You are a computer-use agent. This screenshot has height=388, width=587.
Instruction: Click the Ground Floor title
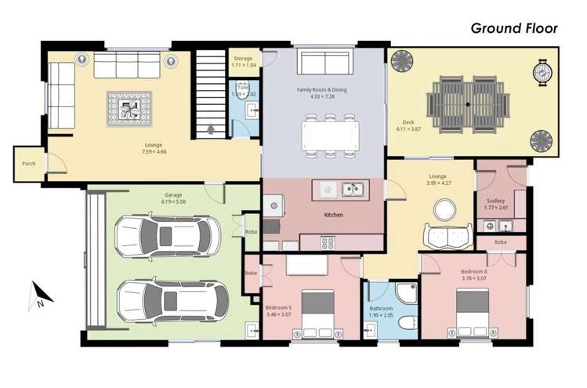coord(513,28)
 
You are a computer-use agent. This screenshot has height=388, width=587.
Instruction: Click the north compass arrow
coord(42,294)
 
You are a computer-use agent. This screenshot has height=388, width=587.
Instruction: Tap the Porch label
coord(29,164)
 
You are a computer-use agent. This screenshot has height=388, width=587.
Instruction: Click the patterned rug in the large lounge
coord(129,107)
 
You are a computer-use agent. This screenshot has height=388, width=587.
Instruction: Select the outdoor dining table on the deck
coord(467,103)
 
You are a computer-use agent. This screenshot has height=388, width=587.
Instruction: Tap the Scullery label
coord(495,201)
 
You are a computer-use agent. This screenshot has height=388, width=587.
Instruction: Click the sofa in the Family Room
coord(323,63)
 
